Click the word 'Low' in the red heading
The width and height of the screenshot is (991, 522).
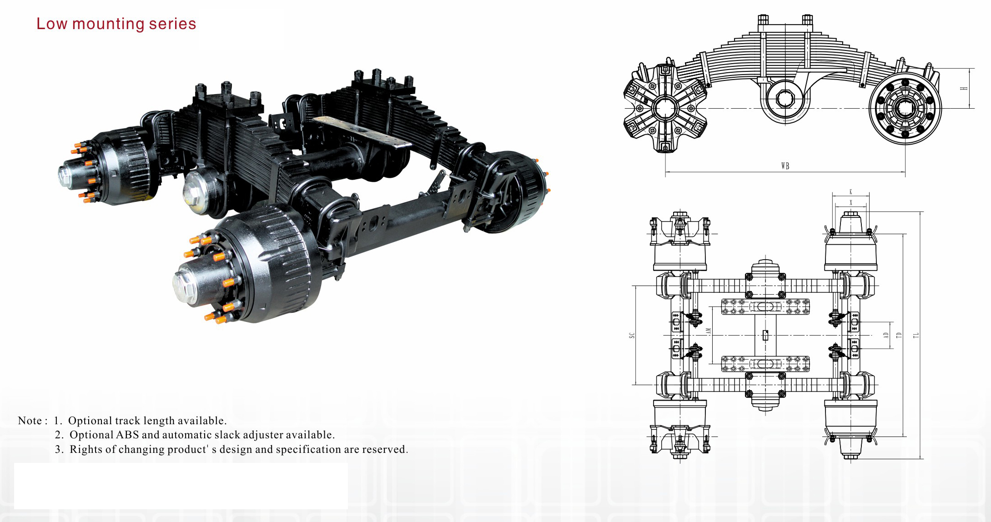click(51, 24)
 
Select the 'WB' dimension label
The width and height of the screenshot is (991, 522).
click(785, 166)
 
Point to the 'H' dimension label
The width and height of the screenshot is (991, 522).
click(964, 88)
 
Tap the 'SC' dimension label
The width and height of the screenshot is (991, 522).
click(632, 335)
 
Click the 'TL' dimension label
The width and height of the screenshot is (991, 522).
click(916, 335)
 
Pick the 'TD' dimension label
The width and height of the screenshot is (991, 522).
click(899, 335)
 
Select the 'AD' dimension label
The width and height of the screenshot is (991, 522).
click(886, 335)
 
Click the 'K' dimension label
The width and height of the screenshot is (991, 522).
click(851, 192)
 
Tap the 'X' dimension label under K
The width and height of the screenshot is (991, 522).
click(851, 202)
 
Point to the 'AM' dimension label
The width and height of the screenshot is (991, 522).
click(708, 332)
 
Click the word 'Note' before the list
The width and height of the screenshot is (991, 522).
click(30, 421)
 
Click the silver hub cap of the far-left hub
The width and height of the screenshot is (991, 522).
click(66, 176)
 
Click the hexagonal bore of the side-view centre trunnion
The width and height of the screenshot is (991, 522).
click(785, 98)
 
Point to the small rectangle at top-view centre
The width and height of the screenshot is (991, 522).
click(765, 335)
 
